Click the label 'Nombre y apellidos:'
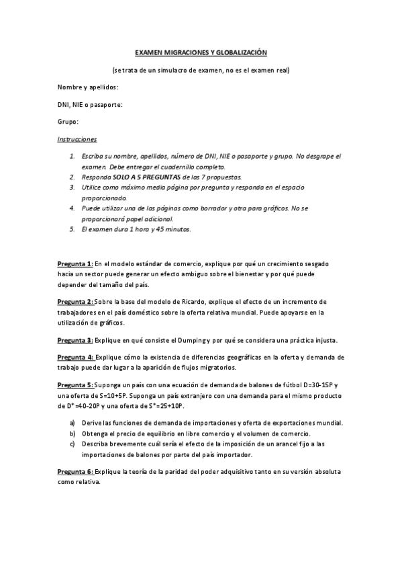pyautogui.click(x=88, y=87)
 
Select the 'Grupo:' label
pyautogui.click(x=68, y=122)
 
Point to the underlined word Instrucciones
pyautogui.click(x=77, y=140)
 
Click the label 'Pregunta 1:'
pyautogui.click(x=74, y=264)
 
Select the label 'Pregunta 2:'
pyautogui.click(x=74, y=302)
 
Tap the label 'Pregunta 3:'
pyautogui.click(x=74, y=339)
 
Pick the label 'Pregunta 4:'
pyautogui.click(x=74, y=358)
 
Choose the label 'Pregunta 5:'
pyautogui.click(x=74, y=384)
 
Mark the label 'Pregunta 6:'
pyautogui.click(x=74, y=471)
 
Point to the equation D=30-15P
pyautogui.click(x=321, y=384)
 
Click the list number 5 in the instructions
pyautogui.click(x=72, y=229)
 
